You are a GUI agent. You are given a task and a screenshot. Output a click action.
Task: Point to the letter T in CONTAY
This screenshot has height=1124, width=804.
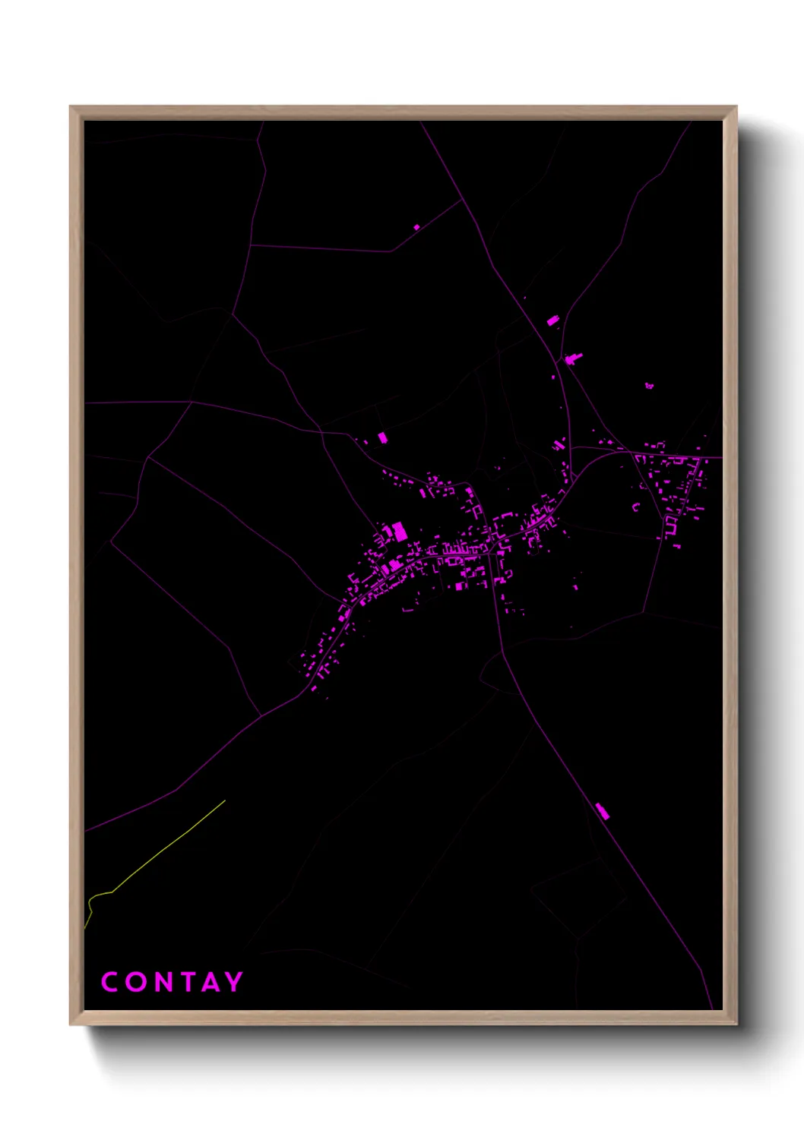point(189,982)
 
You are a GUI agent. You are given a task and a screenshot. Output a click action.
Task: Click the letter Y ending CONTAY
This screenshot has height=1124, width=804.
point(233,982)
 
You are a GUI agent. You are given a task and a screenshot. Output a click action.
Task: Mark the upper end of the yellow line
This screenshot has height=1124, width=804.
point(225,800)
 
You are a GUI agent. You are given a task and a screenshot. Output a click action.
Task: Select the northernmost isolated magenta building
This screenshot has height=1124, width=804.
point(416,226)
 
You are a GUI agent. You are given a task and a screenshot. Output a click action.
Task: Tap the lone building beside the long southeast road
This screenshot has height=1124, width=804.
point(603,811)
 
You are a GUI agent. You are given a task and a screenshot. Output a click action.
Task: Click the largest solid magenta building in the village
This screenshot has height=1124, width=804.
point(400,532)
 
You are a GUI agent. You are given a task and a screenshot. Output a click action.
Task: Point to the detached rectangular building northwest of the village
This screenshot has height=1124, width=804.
point(382,437)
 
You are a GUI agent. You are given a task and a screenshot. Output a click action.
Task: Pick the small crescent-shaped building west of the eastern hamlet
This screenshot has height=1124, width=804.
point(637,507)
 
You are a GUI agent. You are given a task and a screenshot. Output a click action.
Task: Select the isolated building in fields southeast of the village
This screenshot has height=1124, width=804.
point(575,586)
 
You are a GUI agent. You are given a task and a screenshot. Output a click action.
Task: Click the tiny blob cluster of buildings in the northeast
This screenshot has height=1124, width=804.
point(649,386)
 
